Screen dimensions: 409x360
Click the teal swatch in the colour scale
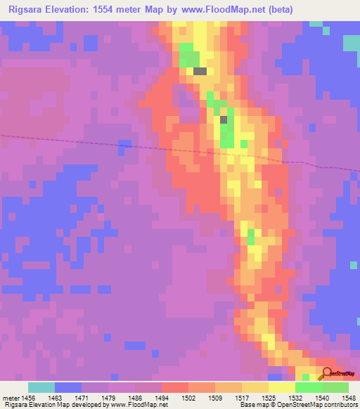click(x=41, y=387)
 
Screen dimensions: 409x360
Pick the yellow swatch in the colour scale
click(x=281, y=387)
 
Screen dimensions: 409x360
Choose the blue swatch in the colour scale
click(x=68, y=387)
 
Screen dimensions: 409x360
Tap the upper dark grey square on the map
click(x=200, y=71)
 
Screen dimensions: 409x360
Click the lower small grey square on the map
click(x=224, y=119)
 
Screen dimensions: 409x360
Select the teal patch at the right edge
click(x=351, y=43)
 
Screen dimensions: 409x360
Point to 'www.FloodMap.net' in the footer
click(x=139, y=405)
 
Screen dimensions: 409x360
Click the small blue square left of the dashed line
click(x=124, y=145)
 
